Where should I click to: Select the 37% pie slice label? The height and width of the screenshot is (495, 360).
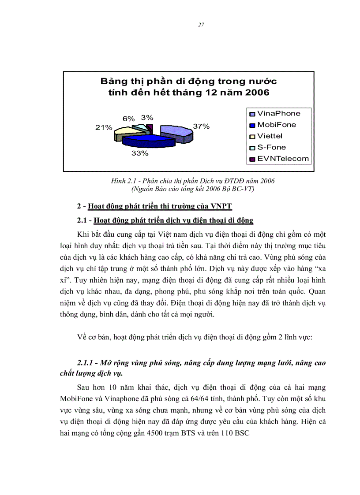(201, 126)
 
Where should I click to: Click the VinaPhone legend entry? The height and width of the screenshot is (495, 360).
(278, 113)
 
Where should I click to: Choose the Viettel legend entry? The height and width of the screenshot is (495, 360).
(270, 136)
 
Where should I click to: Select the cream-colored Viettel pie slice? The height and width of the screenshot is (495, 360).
(123, 131)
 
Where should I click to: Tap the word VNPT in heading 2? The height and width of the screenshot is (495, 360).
(221, 206)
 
